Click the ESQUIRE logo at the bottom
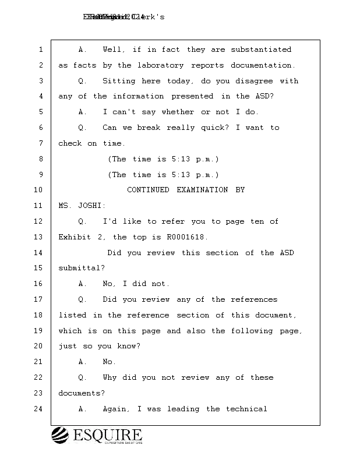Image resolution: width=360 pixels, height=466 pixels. tap(97, 435)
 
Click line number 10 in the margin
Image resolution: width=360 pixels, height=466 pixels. tap(38, 190)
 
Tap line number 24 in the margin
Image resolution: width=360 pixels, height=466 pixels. tap(38, 409)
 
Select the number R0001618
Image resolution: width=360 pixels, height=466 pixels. tap(183, 237)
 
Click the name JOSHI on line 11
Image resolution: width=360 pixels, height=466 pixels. tap(87, 206)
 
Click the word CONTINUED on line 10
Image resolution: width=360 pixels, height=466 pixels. tap(148, 190)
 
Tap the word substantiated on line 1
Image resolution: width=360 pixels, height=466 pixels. tap(261, 50)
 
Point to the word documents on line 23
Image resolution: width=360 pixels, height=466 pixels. tap(80, 393)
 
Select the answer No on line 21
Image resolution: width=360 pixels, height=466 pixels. tap(110, 362)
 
